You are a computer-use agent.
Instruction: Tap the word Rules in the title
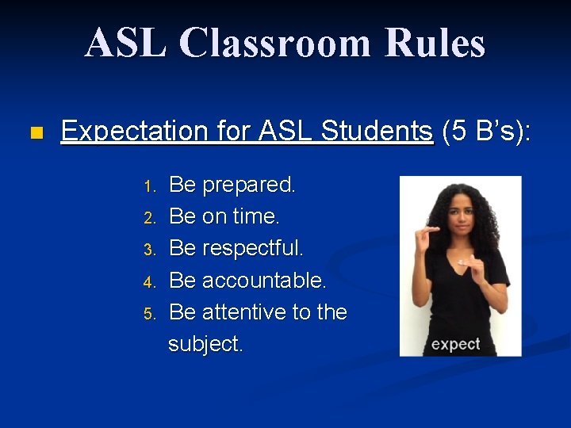(x=435, y=44)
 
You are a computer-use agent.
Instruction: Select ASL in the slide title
(x=127, y=44)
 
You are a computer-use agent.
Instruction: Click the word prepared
(x=249, y=185)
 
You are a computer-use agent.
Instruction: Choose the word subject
(x=205, y=344)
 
